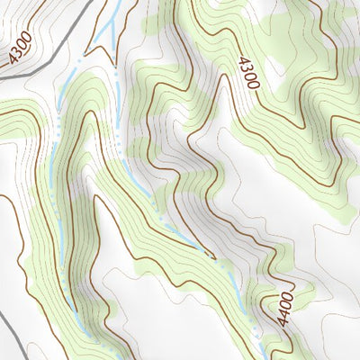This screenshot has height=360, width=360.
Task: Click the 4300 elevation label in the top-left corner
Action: [x=19, y=48]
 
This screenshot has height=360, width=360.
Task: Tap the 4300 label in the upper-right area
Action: [x=248, y=73]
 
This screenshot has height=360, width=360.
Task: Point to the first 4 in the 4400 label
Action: [x=285, y=296]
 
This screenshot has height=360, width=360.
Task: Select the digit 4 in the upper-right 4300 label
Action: [x=243, y=60]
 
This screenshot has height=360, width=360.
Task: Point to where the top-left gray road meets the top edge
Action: [x=94, y=2]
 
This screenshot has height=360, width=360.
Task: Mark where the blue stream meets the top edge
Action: [x=116, y=2]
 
